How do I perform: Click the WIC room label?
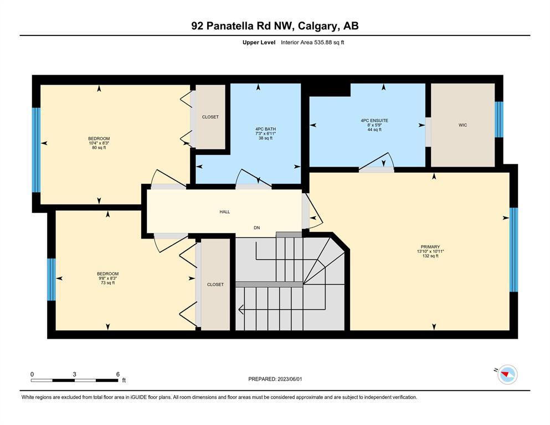(462, 125)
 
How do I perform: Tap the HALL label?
(225, 211)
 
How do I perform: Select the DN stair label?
(257, 228)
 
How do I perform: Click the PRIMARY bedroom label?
(430, 247)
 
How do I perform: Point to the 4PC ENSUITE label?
(374, 121)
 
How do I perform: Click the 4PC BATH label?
(265, 129)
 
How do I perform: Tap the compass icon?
(507, 375)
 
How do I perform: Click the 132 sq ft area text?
(430, 256)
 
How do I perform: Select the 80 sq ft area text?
(99, 148)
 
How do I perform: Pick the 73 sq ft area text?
(107, 283)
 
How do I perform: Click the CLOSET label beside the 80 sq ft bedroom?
(210, 117)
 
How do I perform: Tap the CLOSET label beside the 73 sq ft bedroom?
(215, 284)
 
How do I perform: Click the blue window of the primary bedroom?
(513, 250)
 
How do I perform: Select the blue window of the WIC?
(499, 120)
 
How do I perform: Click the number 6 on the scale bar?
(118, 374)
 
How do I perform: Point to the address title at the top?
(275, 26)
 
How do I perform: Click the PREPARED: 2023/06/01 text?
(275, 379)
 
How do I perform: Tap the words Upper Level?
(259, 43)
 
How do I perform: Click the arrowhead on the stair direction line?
(241, 310)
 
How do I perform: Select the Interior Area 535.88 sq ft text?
(312, 43)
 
